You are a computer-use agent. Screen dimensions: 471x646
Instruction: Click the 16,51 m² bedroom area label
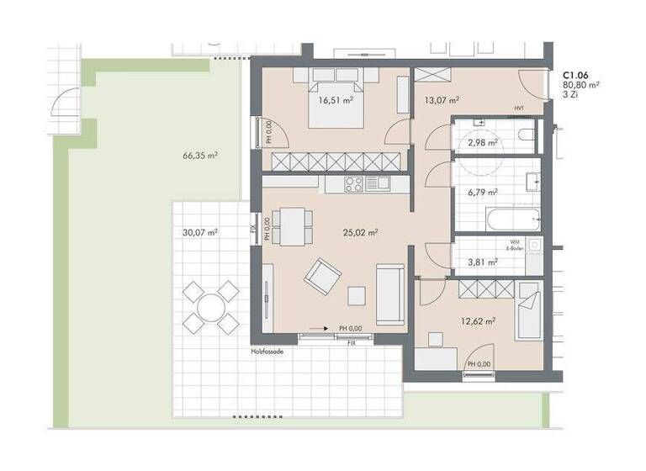coord(335,100)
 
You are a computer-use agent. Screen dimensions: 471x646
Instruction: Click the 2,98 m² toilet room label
coord(482,142)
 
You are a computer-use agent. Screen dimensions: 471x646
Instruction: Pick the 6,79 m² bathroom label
coord(482,193)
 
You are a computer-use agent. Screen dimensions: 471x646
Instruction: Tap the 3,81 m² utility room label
coord(482,262)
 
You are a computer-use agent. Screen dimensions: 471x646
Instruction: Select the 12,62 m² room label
coord(478,320)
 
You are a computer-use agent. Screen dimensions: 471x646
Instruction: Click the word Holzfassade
coord(267,352)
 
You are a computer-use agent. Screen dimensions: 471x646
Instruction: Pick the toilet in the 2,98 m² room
coord(525,135)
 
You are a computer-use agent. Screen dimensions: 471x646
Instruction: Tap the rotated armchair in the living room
coord(323,277)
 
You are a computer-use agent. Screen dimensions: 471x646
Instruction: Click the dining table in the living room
coord(294,225)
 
